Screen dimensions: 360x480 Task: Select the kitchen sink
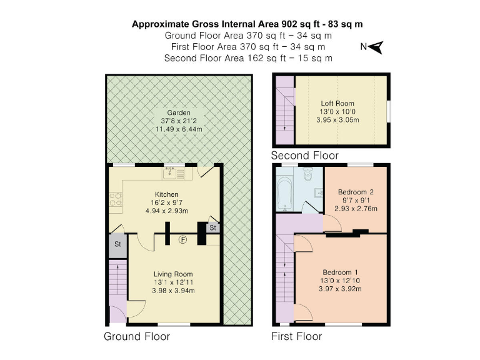[x=172, y=172]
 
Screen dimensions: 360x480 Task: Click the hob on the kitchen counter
[x=116, y=199]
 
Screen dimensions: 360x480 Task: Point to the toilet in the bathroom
[x=307, y=173]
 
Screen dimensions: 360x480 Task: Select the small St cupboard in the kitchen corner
[x=212, y=227]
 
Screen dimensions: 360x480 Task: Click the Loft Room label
[x=337, y=104]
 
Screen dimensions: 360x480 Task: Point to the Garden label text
[x=178, y=112]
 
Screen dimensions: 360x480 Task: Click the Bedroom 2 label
[x=355, y=192]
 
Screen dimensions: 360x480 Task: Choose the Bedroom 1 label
[x=340, y=272]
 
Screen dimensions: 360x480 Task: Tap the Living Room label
[x=173, y=274]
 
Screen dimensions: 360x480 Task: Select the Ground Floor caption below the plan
[x=136, y=336]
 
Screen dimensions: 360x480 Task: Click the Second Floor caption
[x=304, y=155]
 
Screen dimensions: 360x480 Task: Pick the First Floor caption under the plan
[x=296, y=336]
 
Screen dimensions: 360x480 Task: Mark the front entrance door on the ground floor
[x=117, y=314]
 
